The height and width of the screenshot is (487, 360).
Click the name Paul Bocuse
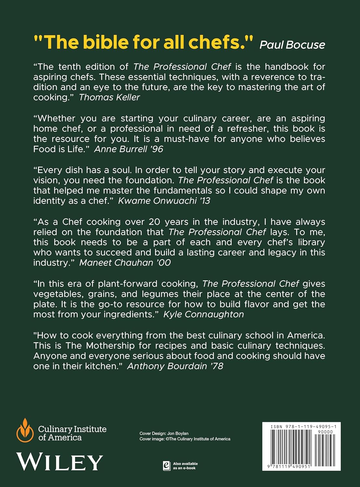[x=292, y=44]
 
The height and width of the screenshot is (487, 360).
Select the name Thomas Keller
[x=109, y=97]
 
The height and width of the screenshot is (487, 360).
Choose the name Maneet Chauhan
[x=116, y=262]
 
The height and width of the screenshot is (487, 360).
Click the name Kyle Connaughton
[x=204, y=314]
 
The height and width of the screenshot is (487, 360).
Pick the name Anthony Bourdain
[x=167, y=366]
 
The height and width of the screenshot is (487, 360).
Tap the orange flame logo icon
[x=25, y=430]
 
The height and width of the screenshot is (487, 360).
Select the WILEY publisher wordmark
[x=59, y=462]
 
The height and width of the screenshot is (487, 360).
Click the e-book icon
[x=167, y=466]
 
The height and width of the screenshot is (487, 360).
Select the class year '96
[x=156, y=149]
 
